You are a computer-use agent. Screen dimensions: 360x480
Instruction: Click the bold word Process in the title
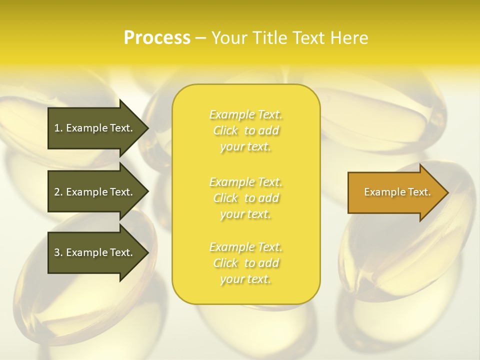[157, 38]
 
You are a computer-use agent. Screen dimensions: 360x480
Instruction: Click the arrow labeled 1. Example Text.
[95, 128]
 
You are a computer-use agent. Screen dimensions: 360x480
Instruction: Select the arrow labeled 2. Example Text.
[95, 192]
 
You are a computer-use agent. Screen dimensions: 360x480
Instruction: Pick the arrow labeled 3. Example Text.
[95, 252]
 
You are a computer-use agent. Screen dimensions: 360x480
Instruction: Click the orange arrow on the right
[395, 192]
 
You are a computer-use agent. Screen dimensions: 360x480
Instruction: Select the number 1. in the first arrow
[58, 128]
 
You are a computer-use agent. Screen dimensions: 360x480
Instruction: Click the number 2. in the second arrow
[58, 192]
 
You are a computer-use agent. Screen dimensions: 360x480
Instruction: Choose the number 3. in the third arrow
[58, 252]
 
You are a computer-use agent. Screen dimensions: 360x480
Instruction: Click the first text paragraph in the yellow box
[246, 130]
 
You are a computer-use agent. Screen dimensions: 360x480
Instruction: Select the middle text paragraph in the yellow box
[246, 198]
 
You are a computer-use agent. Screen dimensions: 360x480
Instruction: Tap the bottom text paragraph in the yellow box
[246, 263]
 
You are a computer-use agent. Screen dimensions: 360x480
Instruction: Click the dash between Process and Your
[200, 38]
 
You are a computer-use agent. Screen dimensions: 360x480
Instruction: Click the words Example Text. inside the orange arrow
[397, 192]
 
